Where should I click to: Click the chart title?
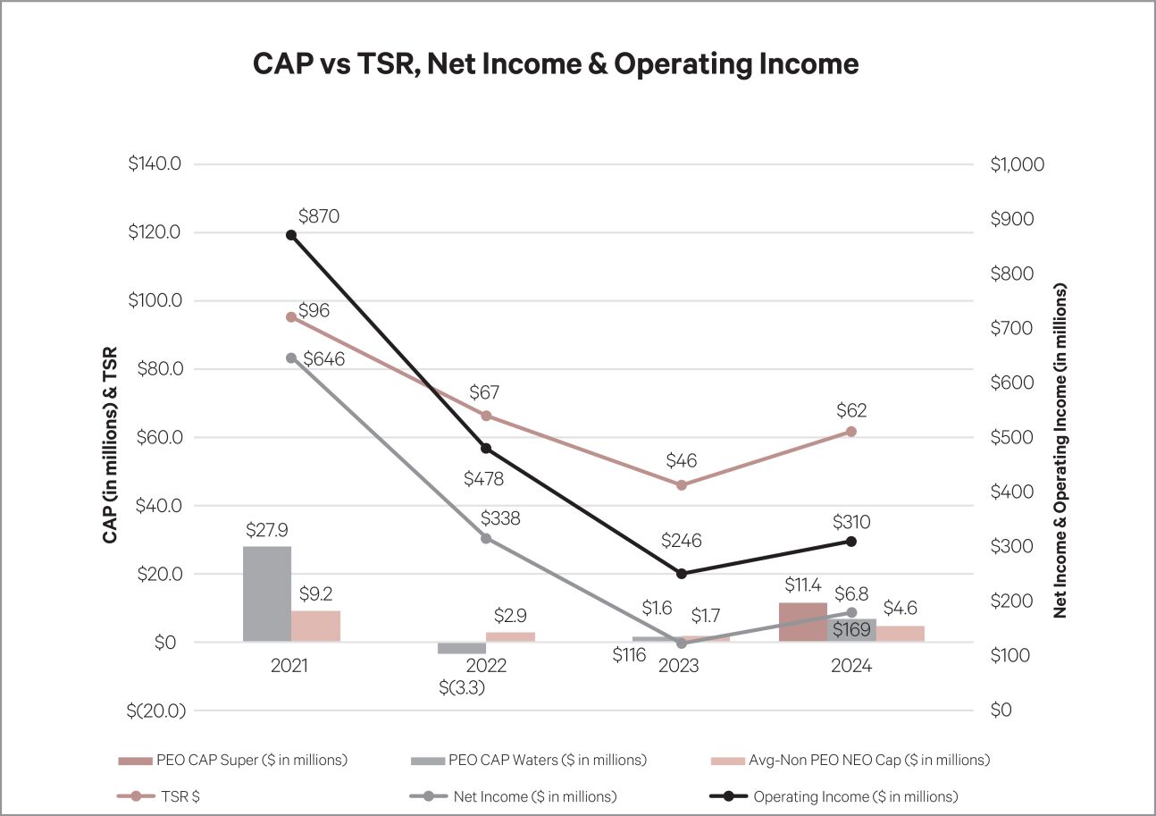point(556,64)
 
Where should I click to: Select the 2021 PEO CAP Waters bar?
point(266,593)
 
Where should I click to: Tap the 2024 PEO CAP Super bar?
point(803,622)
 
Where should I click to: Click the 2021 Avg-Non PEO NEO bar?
point(315,626)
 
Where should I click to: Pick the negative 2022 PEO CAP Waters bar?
point(461,648)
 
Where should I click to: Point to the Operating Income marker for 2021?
point(291,235)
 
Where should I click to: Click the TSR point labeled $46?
point(682,484)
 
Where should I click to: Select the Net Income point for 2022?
point(486,538)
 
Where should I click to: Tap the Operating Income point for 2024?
point(850,542)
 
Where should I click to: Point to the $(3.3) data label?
point(462,688)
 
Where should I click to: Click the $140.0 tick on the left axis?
point(155,164)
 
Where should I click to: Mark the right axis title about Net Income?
point(1060,451)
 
